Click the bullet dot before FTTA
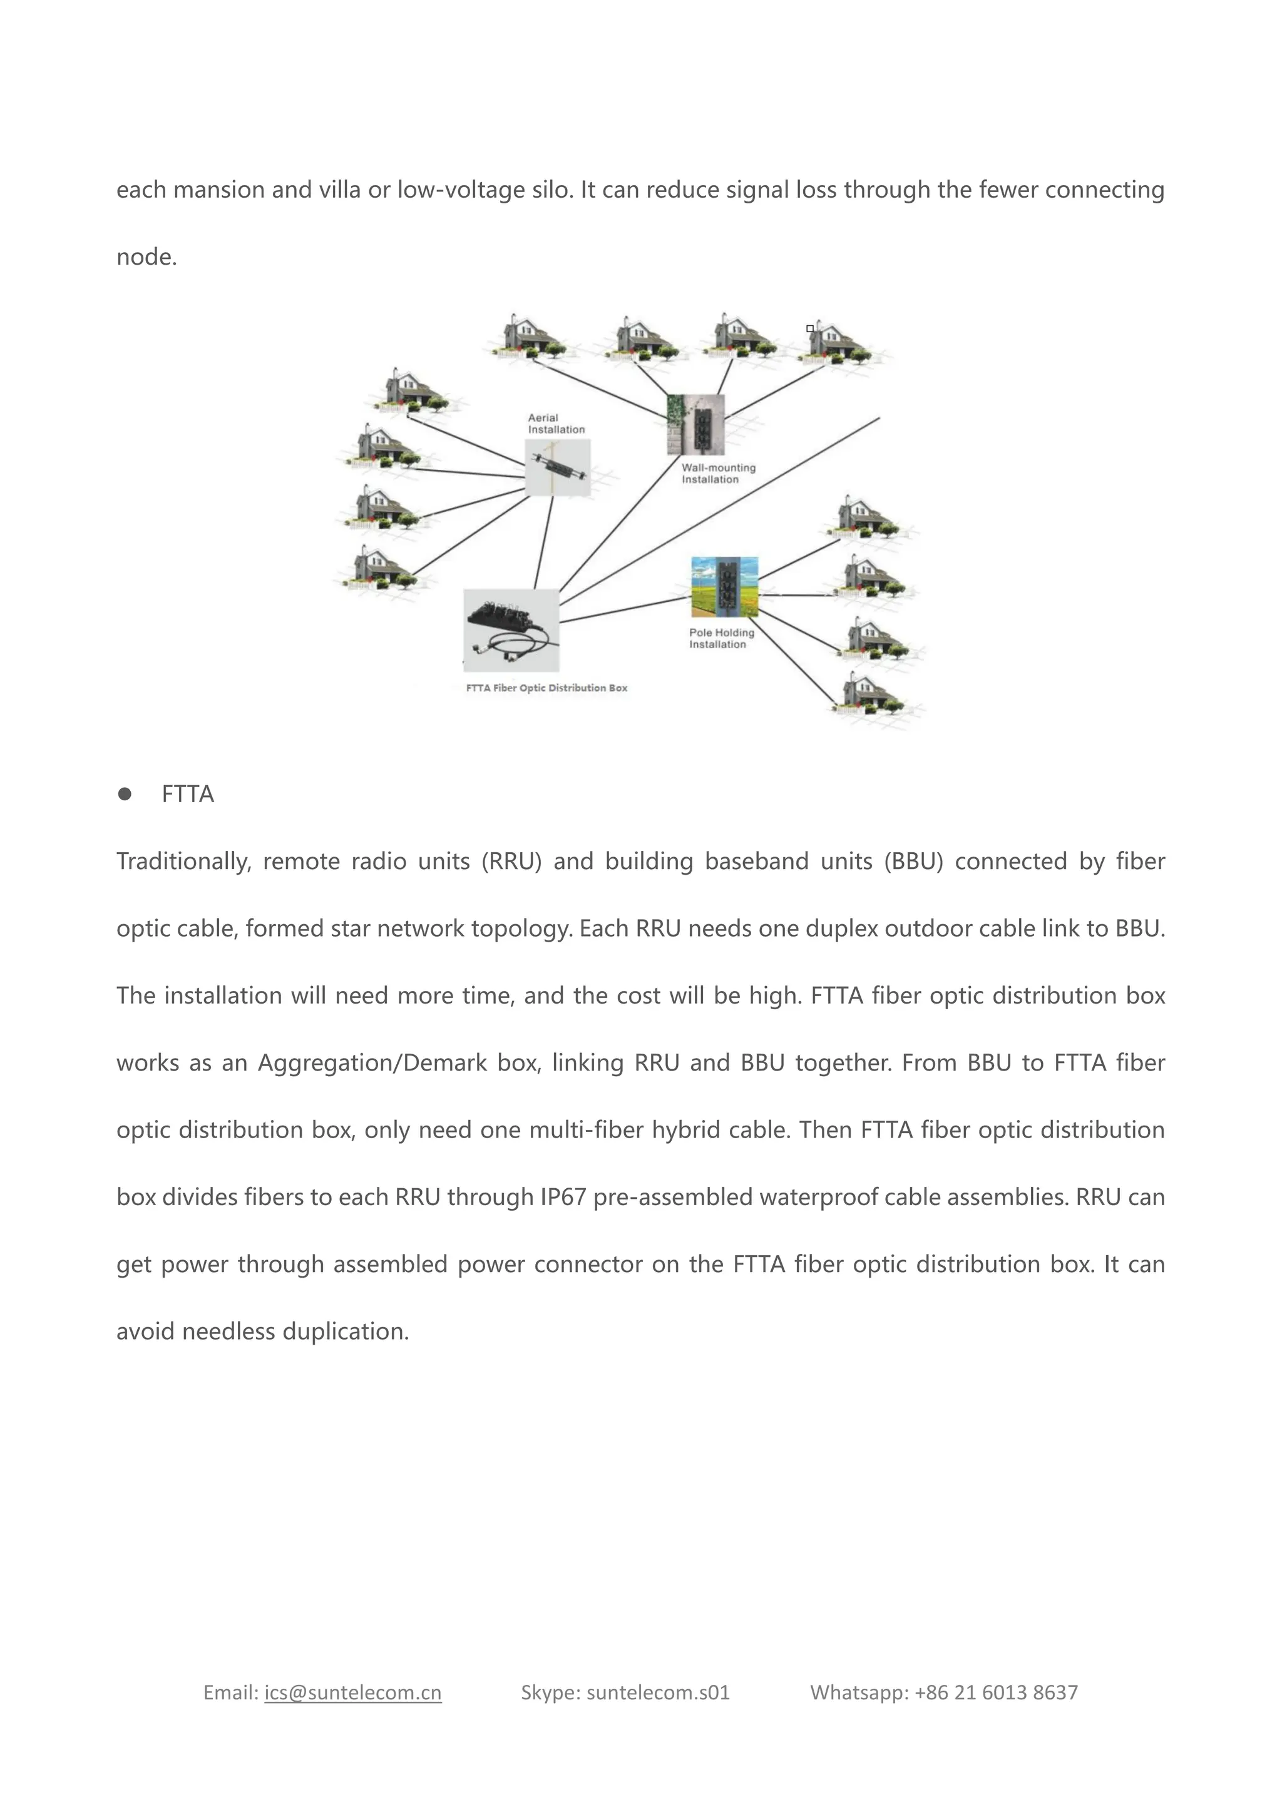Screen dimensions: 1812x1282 [x=125, y=794]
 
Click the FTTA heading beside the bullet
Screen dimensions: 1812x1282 [x=188, y=794]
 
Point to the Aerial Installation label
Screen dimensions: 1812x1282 [x=556, y=424]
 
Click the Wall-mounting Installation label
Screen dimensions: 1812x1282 [x=719, y=474]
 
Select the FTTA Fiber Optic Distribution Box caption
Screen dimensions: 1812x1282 [x=546, y=688]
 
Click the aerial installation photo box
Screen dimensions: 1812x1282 [x=558, y=467]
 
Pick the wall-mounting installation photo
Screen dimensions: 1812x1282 [x=695, y=425]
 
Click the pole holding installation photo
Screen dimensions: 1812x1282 [x=724, y=587]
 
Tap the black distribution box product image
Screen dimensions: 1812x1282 [x=511, y=630]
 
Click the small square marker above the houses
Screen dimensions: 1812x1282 [x=810, y=328]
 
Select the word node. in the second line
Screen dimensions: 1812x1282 [x=147, y=257]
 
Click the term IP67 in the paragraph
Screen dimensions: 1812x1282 [x=563, y=1197]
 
